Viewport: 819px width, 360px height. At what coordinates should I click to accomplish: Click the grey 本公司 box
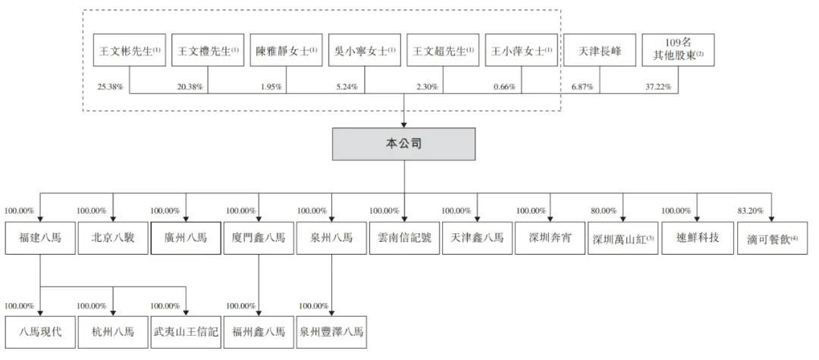point(403,144)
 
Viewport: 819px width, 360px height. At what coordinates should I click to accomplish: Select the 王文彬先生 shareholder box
point(127,52)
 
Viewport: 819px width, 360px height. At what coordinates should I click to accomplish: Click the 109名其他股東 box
point(677,52)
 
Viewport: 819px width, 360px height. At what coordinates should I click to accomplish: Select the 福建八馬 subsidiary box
point(39,238)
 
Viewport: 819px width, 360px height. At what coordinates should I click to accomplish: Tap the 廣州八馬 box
point(186,238)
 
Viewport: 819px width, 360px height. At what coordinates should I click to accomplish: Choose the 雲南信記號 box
point(403,238)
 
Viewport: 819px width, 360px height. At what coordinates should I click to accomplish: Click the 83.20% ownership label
point(753,211)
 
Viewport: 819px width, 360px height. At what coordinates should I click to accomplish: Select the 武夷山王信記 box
point(186,332)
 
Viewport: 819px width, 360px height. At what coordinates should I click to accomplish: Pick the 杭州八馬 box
point(113,332)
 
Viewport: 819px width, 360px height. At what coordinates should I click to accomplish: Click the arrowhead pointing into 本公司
point(403,123)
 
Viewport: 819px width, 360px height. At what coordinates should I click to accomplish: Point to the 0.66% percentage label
point(504,87)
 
